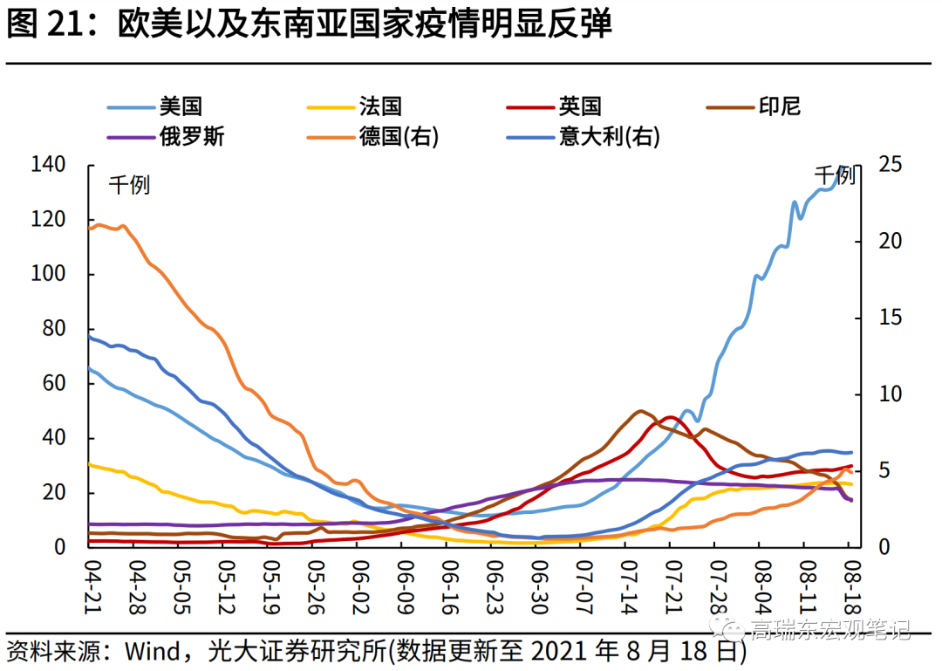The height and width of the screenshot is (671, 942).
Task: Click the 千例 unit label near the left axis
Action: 129,185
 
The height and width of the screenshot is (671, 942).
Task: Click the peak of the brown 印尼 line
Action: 641,410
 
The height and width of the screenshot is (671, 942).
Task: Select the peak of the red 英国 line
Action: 670,417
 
